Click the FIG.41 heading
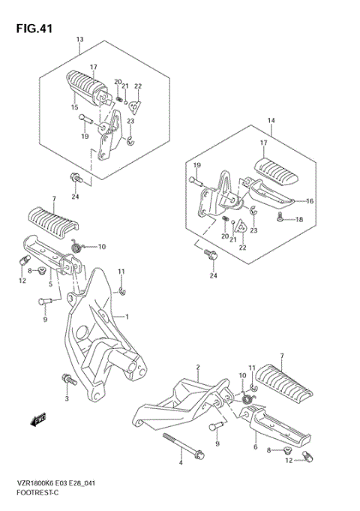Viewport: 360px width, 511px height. tap(34, 29)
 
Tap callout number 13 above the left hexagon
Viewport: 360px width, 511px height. tap(79, 40)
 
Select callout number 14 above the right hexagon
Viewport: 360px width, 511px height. tap(271, 121)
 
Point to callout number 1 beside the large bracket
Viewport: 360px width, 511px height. tap(127, 317)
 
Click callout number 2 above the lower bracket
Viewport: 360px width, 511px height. tap(198, 367)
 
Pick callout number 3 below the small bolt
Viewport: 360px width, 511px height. tap(67, 398)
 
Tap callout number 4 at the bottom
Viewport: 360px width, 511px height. tap(181, 463)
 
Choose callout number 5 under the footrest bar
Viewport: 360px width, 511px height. tap(50, 284)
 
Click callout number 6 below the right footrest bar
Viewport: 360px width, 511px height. tap(256, 446)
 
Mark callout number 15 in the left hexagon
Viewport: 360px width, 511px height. tap(74, 107)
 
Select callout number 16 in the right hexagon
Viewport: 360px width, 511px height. tap(310, 201)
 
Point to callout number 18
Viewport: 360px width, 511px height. tap(299, 219)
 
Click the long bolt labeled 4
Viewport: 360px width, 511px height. tap(184, 446)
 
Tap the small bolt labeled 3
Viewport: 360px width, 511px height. tap(69, 380)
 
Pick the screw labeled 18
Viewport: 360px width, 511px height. tap(280, 218)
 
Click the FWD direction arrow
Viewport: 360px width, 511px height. tap(38, 419)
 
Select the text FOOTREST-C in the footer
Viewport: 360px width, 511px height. tap(37, 492)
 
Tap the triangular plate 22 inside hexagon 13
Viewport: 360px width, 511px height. tap(134, 106)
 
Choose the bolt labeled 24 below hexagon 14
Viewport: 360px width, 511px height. tap(211, 254)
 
